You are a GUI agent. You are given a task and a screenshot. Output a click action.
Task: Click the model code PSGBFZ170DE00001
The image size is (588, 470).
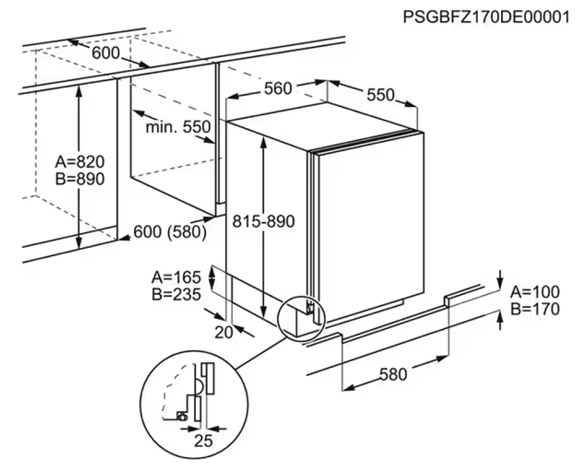click(x=486, y=17)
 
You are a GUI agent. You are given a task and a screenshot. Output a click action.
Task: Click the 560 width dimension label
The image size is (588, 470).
click(x=278, y=89)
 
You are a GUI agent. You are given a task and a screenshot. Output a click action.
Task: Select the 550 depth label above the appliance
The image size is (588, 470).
click(x=380, y=95)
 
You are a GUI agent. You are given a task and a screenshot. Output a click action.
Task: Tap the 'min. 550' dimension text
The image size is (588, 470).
click(x=178, y=127)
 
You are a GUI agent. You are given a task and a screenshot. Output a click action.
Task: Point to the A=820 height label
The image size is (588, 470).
click(x=80, y=162)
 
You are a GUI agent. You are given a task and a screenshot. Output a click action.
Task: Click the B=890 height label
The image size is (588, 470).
click(x=80, y=179)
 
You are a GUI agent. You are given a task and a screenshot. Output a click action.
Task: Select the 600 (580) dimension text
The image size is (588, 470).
click(x=170, y=232)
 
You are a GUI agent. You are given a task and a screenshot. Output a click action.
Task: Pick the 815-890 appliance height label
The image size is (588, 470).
click(x=263, y=221)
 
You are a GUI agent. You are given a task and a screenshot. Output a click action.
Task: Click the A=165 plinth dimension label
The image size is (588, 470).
click(x=176, y=277)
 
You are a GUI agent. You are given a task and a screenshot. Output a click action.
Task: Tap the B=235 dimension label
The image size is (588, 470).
click(x=176, y=294)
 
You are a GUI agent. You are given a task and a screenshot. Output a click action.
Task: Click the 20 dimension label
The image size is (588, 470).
click(x=224, y=333)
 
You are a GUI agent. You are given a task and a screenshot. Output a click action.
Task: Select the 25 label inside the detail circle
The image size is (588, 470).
click(x=203, y=441)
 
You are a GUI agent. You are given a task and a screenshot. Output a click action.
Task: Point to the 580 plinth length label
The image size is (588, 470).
click(x=393, y=374)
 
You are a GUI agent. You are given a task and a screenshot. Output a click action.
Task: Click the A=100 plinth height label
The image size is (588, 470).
click(x=535, y=291)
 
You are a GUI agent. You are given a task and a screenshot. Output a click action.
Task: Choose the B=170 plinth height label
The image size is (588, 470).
click(x=535, y=309)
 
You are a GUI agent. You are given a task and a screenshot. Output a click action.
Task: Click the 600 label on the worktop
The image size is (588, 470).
click(x=105, y=53)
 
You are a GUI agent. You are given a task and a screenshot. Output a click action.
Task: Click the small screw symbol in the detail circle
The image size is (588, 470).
click(x=182, y=415)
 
